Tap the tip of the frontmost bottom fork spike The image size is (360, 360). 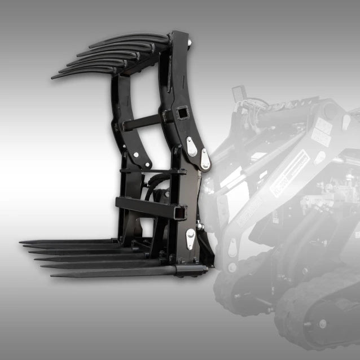point(52,275)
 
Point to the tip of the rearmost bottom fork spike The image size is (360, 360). point(21,243)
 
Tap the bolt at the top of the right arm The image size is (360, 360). point(188,41)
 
